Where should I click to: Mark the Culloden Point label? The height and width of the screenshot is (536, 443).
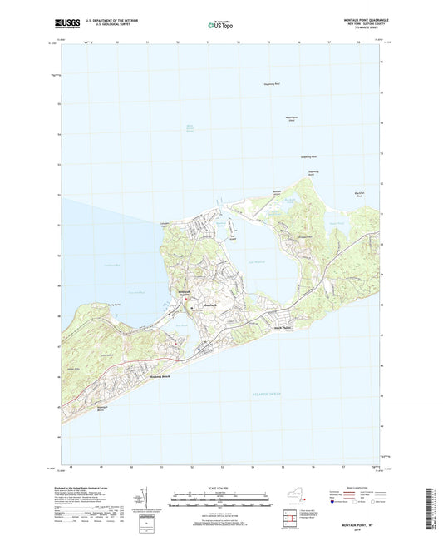coord(165,225)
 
